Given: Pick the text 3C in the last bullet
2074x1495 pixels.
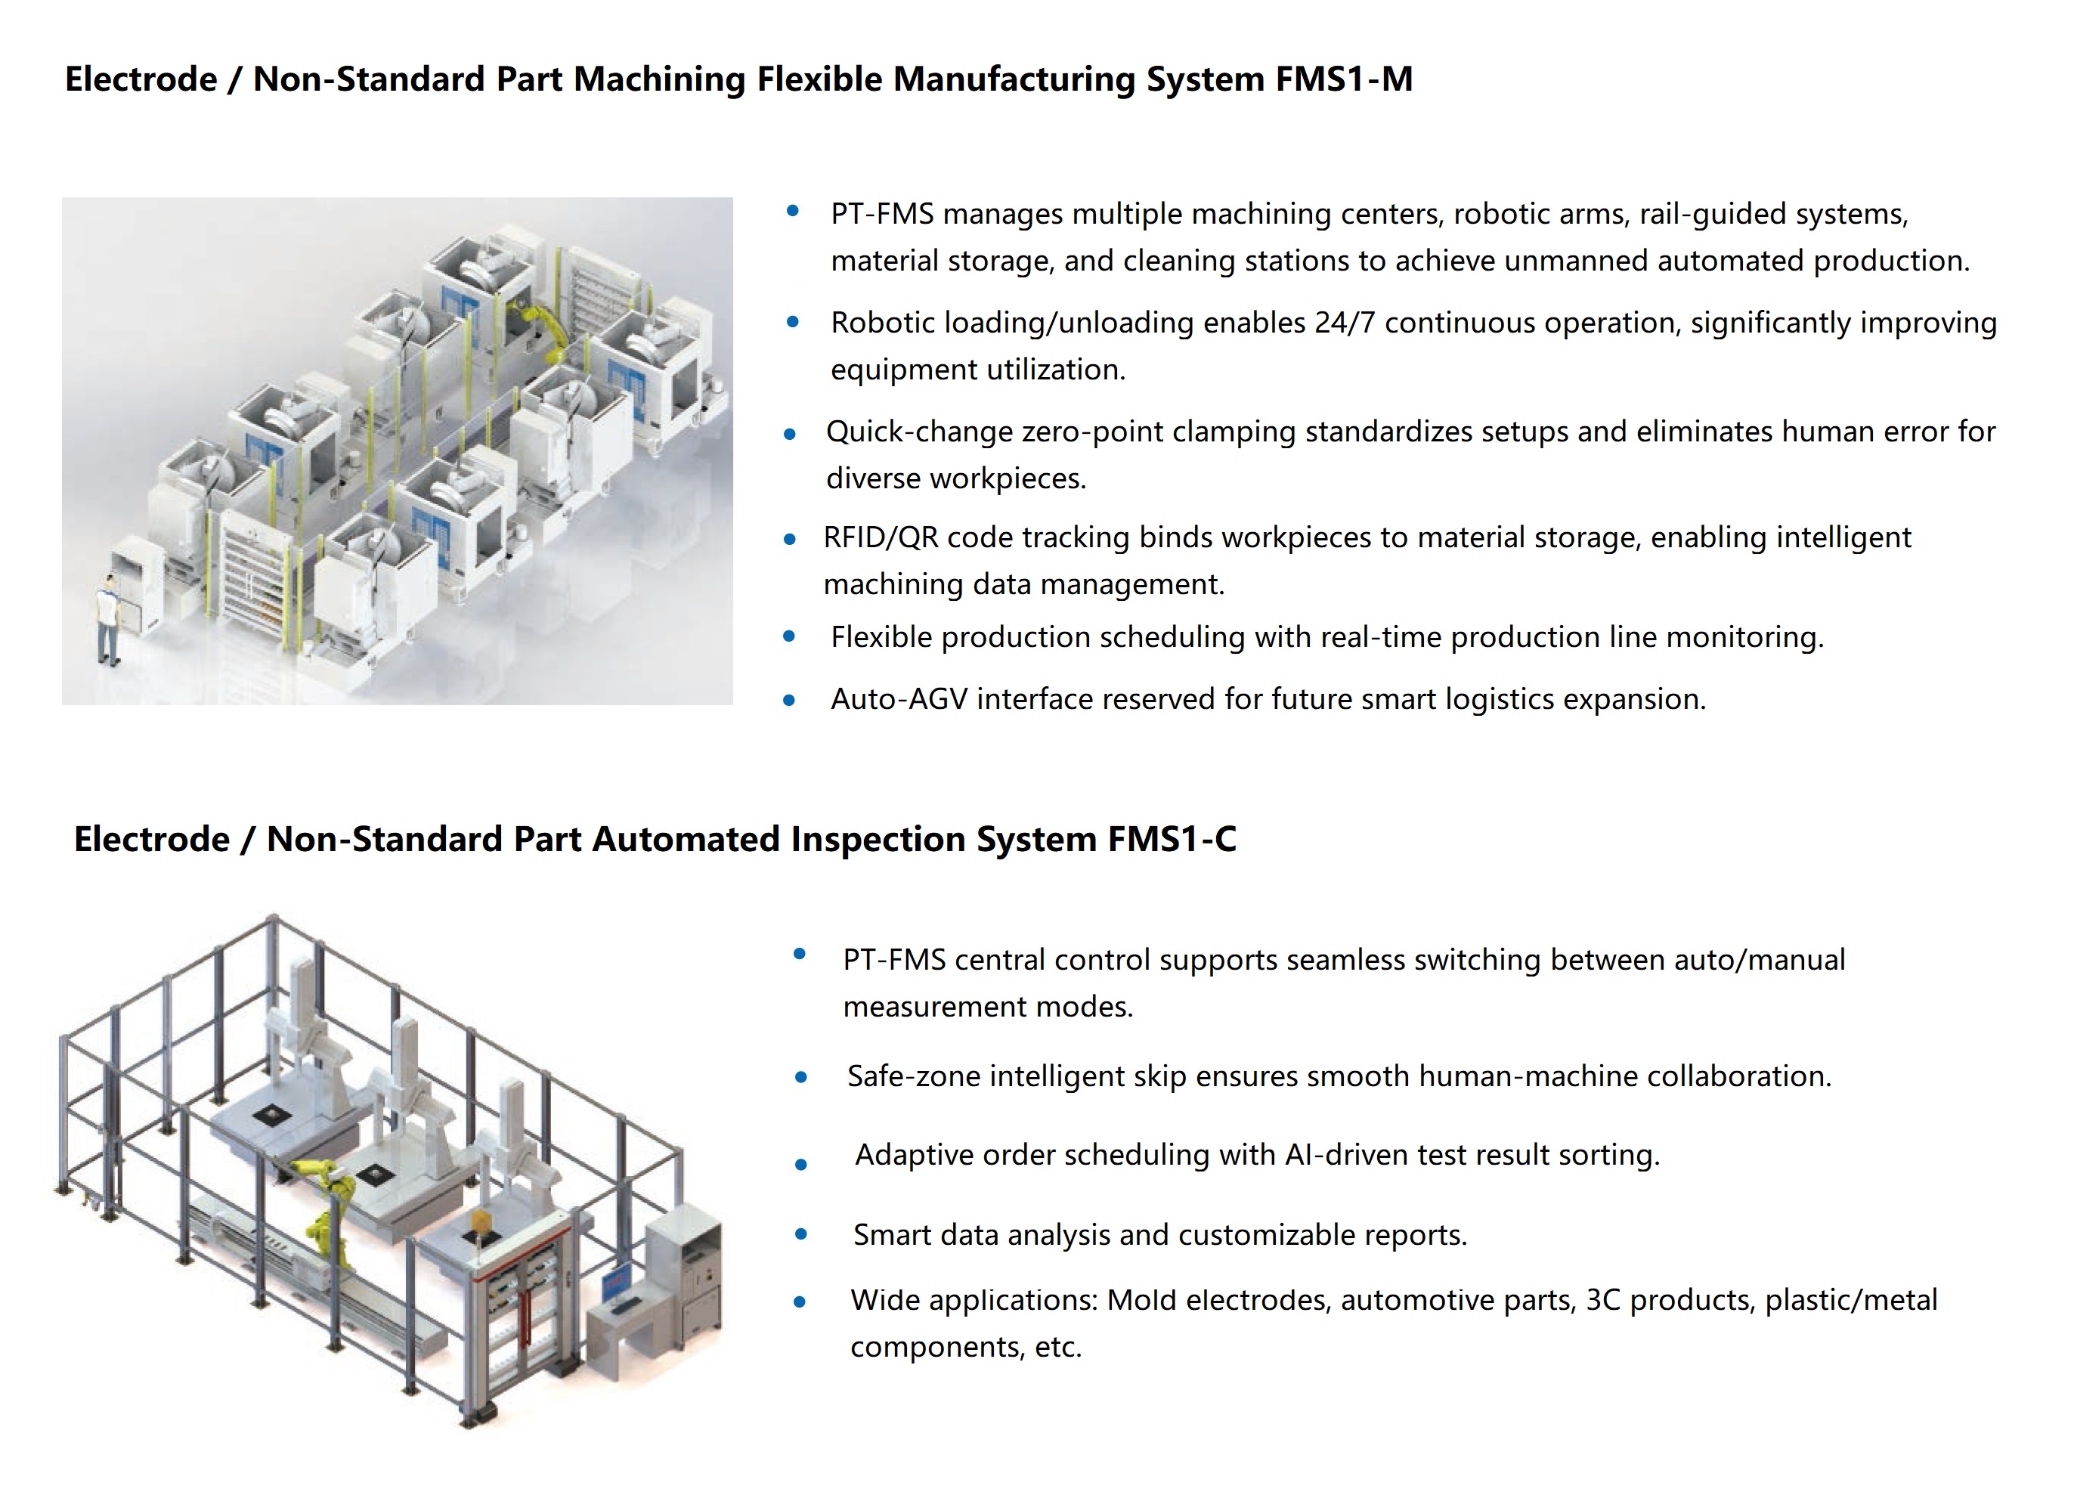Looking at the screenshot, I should (1603, 1300).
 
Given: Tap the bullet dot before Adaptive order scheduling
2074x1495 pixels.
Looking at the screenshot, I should (801, 1165).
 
